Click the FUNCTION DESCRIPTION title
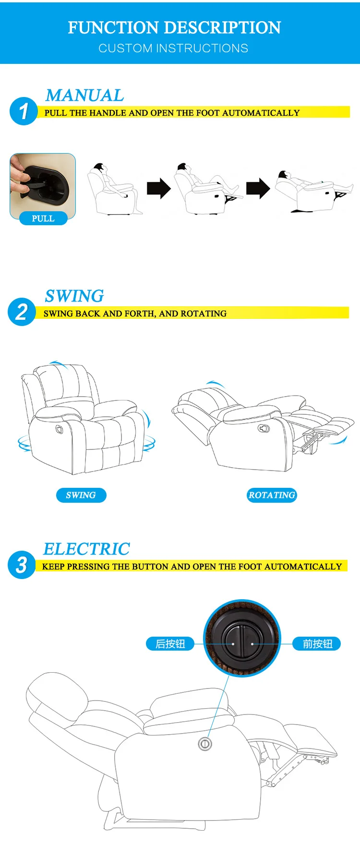coord(174,28)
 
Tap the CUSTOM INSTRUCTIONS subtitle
coord(173,48)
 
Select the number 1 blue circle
coord(23,111)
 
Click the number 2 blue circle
coord(22,312)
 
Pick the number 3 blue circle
coord(22,565)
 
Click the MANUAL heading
coord(84,96)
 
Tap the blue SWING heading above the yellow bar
coord(74,296)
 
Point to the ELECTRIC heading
coord(86,549)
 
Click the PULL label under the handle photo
coord(43,219)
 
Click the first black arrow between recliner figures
coord(159,189)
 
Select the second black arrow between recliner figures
coord(258,188)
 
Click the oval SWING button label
coord(81,495)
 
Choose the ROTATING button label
coord(272,495)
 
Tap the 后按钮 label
coord(170,644)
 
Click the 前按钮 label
coord(317,644)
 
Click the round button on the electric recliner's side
coord(205,744)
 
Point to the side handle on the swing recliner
coord(59,428)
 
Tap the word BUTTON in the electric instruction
coord(150,567)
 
